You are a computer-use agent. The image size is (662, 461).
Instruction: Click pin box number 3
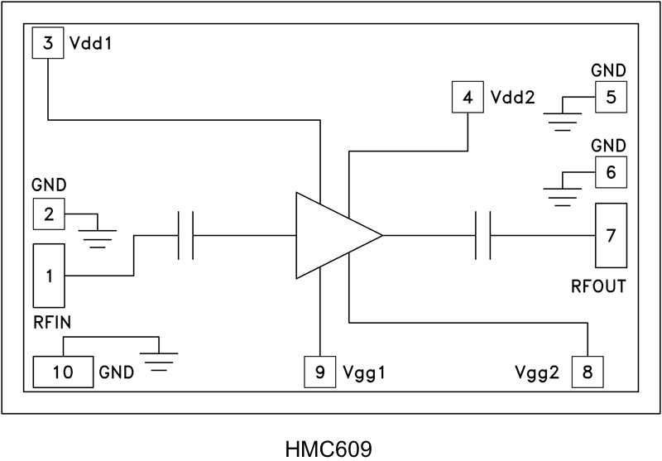tap(49, 42)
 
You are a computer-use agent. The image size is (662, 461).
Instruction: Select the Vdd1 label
tap(91, 42)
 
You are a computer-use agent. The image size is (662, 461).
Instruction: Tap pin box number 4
tap(468, 98)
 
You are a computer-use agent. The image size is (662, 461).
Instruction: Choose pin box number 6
tap(611, 172)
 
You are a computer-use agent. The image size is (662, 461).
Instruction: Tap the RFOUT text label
tap(597, 287)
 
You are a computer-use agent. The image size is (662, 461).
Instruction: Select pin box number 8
tap(588, 372)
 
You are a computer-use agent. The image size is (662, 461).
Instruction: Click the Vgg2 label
tap(543, 372)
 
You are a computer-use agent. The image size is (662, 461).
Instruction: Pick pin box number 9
tap(319, 372)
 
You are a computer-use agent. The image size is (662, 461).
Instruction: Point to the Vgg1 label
tap(364, 372)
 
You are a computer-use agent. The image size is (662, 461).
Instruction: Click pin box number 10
tap(63, 372)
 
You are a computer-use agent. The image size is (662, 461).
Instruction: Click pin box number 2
tap(49, 214)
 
